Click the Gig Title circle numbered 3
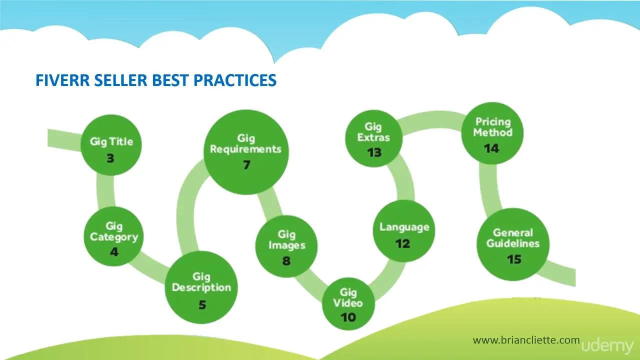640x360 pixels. point(111,145)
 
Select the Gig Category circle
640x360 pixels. point(113,236)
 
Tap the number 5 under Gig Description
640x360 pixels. point(202,304)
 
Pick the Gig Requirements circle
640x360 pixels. point(246,152)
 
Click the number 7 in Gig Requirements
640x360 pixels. point(246,164)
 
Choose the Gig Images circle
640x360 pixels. point(286,246)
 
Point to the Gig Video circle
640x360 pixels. point(348,303)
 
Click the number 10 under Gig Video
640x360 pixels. point(348,317)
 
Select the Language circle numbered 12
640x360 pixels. point(404,231)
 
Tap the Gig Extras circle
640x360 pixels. point(373,138)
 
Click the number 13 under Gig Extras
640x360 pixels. point(374,152)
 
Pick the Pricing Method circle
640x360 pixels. point(492,133)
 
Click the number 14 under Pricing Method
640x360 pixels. point(491,148)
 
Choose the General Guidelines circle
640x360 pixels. point(513,244)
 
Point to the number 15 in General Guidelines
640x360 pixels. point(514,259)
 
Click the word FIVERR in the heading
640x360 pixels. point(62,80)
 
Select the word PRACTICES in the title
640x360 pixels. point(235,80)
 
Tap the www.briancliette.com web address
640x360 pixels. point(526,340)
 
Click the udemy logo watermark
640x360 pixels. point(607,346)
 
